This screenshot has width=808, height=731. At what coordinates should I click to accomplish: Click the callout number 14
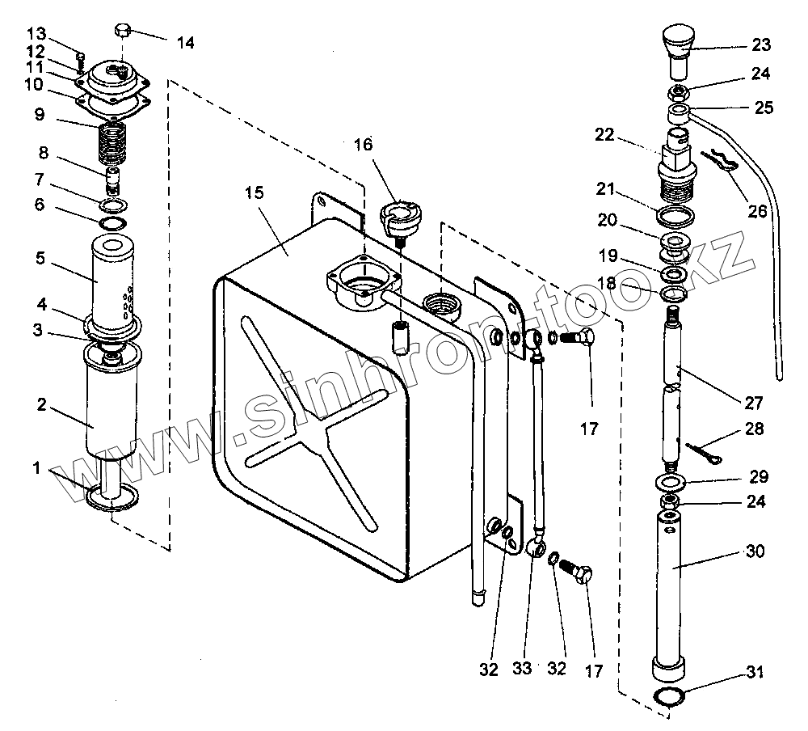[x=185, y=43]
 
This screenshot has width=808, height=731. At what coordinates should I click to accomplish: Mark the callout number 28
[x=754, y=429]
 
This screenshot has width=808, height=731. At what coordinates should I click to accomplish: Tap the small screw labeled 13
[x=80, y=59]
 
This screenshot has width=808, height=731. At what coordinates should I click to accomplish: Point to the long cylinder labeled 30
[x=671, y=582]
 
